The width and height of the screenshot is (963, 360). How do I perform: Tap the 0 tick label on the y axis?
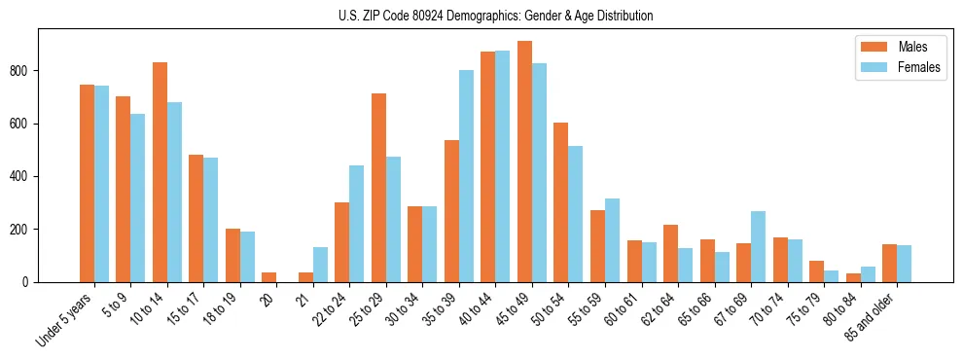31,282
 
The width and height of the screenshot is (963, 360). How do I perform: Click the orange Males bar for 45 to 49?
524,162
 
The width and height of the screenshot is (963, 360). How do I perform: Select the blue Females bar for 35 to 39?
466,176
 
